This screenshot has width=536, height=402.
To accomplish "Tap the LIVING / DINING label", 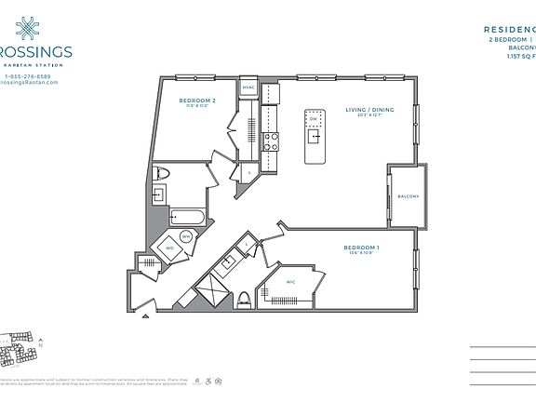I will tap(369, 110).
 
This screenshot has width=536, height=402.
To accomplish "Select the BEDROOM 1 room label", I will tap(363, 248).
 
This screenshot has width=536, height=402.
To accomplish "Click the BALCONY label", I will tap(408, 196).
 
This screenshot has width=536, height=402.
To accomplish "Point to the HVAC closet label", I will tap(248, 87).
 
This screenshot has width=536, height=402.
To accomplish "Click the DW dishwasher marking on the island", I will tap(315, 119).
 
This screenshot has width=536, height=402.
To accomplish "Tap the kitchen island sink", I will tap(316, 137).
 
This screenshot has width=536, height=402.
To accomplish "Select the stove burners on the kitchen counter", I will tap(272, 142).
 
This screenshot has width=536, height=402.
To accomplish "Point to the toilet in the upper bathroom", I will tap(163, 173).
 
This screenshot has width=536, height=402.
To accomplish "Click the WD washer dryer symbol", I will tap(169, 248).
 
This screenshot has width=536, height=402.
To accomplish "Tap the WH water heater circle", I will tap(186, 236).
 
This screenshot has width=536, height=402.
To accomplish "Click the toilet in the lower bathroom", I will tap(244, 299).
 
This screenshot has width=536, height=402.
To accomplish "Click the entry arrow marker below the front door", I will tap(145, 315).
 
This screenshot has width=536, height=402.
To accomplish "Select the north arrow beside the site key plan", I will tap(41, 346).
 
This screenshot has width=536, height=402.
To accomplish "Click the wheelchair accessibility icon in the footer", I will tap(207, 381).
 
